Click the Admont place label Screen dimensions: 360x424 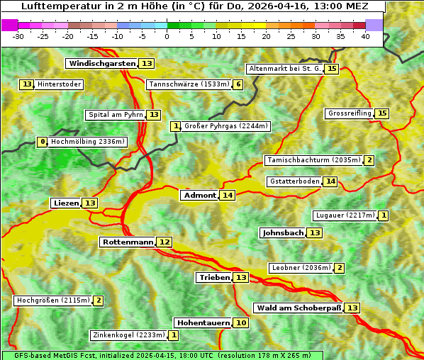click(199, 196)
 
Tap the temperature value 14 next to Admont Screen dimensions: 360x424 click(227, 196)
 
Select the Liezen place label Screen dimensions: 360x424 click(66, 203)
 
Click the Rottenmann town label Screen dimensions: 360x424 click(128, 242)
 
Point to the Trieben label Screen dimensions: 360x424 click(214, 278)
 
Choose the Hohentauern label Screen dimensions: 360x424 click(203, 323)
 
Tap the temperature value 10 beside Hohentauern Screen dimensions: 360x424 click(241, 323)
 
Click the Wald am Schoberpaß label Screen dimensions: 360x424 click(299, 308)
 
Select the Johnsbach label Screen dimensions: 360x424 click(283, 233)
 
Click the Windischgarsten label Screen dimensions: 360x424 click(102, 64)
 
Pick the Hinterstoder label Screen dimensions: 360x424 click(60, 84)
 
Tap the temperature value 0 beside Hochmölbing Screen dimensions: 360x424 click(43, 142)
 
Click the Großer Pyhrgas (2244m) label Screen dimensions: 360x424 click(225, 126)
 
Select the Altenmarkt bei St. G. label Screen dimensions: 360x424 click(284, 69)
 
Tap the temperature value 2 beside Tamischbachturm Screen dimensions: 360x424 click(369, 160)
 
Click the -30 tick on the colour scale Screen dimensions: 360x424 click(18, 35)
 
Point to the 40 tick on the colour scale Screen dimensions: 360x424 click(366, 35)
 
